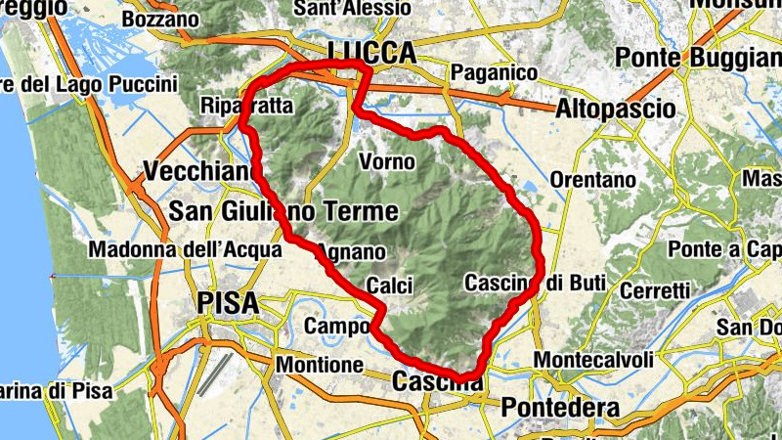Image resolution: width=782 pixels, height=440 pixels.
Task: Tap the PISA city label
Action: pos(229,302)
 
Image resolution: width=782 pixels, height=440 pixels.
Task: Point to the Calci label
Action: pos(389,286)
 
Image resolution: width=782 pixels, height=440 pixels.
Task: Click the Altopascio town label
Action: pos(615,108)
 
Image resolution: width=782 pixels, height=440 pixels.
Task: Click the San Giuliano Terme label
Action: pos(283,211)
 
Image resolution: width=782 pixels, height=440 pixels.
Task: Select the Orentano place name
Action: pos(592,181)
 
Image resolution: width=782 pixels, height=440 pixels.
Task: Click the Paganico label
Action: pos(495,73)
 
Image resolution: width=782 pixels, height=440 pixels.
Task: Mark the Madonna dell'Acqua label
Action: pos(185,250)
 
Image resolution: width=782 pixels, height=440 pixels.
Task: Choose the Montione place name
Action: pos(320,364)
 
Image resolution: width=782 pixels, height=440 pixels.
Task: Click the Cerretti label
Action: pos(655,290)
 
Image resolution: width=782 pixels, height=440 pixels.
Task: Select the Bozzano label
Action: pos(161,19)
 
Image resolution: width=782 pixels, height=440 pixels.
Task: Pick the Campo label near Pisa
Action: pos(336,326)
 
